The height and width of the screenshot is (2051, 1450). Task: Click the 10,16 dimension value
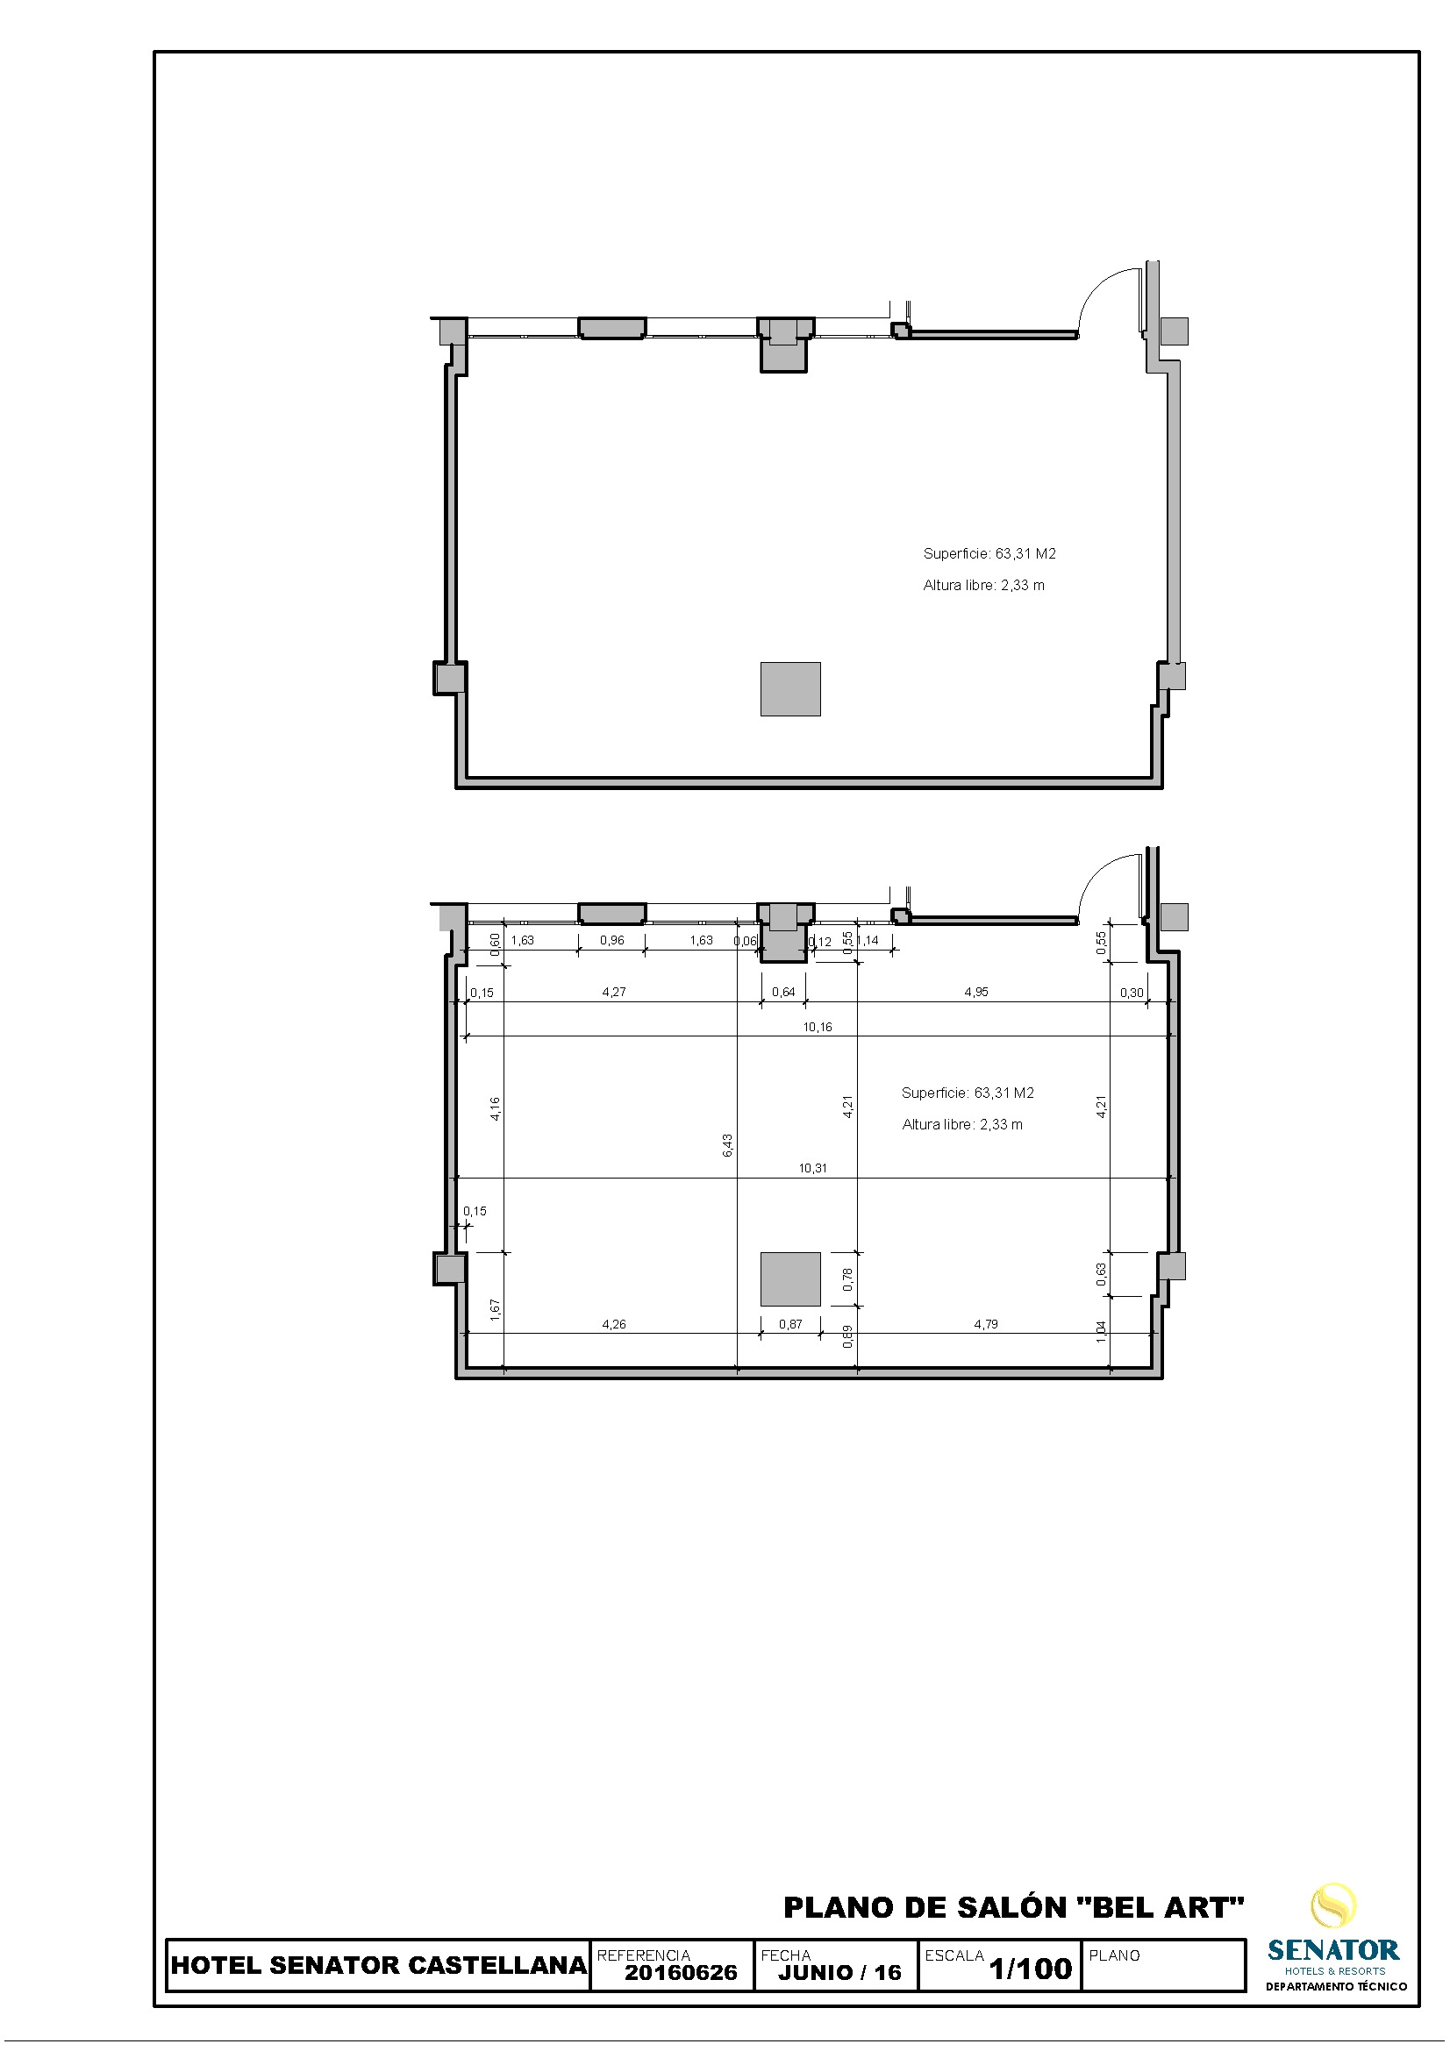point(817,1028)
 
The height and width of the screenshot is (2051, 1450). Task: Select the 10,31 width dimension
point(812,1168)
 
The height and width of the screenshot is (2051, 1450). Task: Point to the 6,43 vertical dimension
point(728,1145)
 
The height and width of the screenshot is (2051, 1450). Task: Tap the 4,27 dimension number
point(614,992)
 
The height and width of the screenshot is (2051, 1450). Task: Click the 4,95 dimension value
point(976,992)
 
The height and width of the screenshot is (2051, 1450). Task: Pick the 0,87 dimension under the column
point(790,1324)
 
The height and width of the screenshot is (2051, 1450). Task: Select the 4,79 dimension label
point(986,1324)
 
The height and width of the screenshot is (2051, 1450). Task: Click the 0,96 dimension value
point(612,940)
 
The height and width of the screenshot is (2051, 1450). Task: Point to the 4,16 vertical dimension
point(496,1108)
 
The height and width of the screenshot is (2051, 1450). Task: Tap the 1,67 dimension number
point(496,1308)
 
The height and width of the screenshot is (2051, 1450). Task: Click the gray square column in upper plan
point(790,688)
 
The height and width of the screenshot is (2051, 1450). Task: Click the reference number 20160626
point(681,1972)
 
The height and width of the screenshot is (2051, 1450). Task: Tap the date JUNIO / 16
point(839,1972)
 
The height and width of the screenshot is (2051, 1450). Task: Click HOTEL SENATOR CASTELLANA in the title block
point(379,1965)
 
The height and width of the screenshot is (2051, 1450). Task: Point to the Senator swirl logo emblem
point(1334,1905)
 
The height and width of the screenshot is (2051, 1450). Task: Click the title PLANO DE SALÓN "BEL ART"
point(1014,1907)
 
